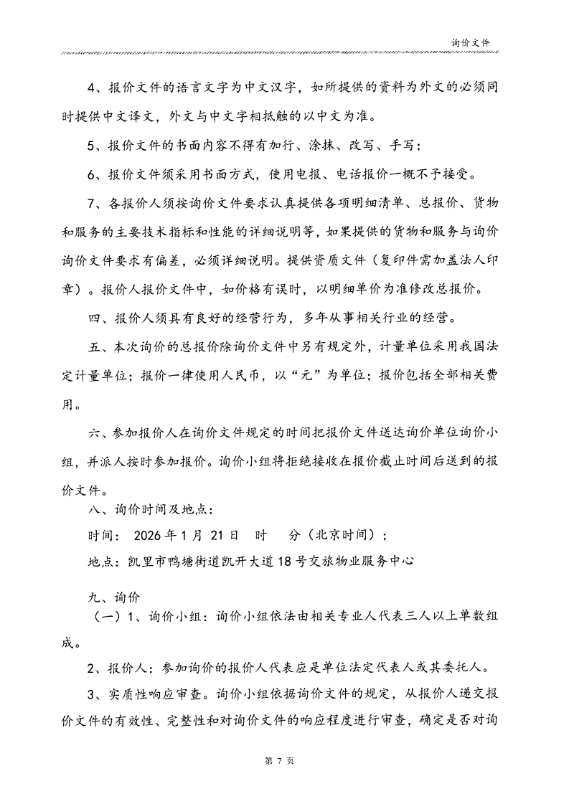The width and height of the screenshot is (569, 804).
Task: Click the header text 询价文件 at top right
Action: [471, 43]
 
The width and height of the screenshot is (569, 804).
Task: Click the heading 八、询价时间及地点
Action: [150, 509]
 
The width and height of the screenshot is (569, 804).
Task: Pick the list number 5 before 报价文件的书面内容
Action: [93, 146]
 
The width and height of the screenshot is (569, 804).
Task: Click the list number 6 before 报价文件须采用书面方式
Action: [93, 174]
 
